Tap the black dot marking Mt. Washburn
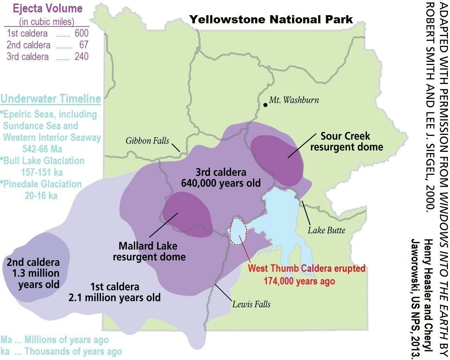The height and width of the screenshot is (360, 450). pos(265,105)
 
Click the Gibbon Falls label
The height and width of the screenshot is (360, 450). pos(147,141)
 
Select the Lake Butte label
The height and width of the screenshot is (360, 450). pos(326,230)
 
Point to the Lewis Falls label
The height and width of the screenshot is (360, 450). pos(251,304)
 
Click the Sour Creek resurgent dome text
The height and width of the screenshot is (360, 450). pos(346,141)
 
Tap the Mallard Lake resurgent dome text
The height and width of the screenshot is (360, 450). pos(149,251)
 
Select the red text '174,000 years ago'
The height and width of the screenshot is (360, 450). pos(299,281)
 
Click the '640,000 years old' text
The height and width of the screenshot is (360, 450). pos(221,183)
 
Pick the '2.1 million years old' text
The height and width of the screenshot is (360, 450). pos(114,297)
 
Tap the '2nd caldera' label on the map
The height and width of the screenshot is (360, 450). pos(33,262)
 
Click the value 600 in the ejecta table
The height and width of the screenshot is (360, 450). pos(82,33)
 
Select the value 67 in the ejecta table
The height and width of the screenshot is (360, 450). pos(84,45)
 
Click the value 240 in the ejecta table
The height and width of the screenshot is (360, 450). pos(82,56)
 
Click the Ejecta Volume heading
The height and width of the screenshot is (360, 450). pos(48,9)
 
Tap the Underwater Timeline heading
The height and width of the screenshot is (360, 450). pos(50,98)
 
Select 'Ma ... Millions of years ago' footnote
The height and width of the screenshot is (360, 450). pos(54,340)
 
